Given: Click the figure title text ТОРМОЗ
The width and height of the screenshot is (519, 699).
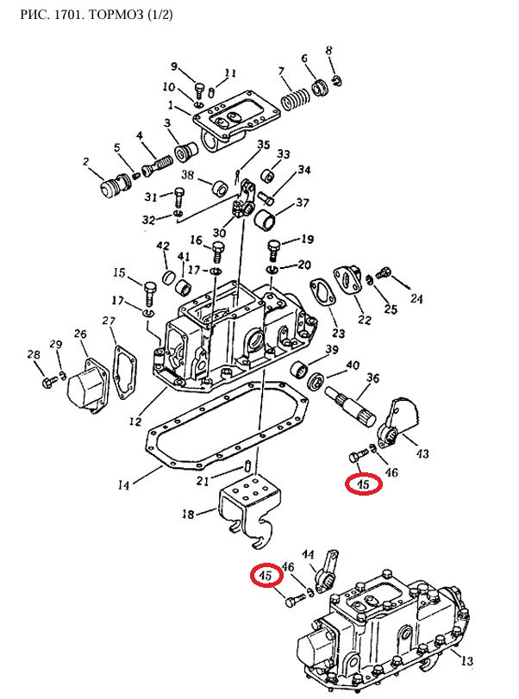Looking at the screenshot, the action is (116, 15).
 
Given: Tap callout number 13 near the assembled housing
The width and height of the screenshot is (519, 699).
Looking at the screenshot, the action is (466, 660).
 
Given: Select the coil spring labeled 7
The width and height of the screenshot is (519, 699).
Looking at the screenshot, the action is (295, 99).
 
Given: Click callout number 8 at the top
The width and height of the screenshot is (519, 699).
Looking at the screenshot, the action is (329, 50).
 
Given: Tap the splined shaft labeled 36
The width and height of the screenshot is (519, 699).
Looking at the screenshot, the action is (352, 406).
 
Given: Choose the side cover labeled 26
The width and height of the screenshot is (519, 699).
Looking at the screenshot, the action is (87, 386).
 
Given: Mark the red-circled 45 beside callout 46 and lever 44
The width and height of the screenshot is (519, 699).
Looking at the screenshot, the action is (266, 576).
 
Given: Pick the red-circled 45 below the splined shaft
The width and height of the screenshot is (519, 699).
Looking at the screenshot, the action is (364, 484).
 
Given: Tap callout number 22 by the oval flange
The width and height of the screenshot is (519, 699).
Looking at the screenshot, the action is (365, 319).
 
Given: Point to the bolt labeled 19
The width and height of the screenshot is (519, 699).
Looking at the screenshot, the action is (274, 251).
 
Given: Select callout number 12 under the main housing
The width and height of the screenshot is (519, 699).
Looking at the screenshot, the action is (135, 421).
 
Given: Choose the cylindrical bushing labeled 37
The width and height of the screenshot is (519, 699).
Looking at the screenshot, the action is (264, 217).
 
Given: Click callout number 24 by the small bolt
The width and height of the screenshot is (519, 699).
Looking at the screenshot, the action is (416, 298).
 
